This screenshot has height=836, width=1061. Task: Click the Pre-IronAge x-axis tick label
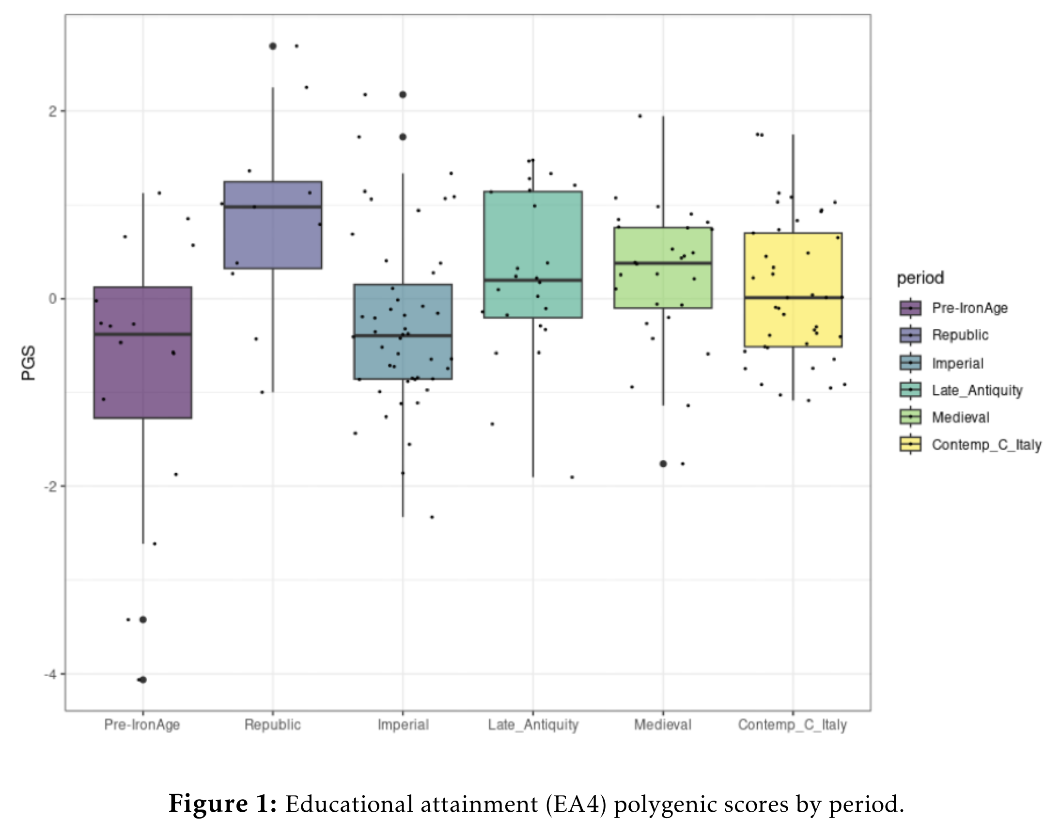pos(142,725)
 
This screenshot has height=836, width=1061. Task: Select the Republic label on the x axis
pos(273,725)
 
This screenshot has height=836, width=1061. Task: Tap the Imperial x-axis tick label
pos(403,725)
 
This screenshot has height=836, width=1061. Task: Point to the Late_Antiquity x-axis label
pos(533,725)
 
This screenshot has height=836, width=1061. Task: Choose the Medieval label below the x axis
pos(662,725)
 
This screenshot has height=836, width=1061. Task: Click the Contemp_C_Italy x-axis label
pos(792,725)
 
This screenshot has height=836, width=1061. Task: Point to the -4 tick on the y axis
pos(50,674)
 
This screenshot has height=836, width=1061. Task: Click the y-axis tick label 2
pos(52,111)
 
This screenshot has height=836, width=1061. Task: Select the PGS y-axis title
pos(29,363)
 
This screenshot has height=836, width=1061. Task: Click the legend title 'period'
pos(920,278)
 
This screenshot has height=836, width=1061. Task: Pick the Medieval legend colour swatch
pos(910,417)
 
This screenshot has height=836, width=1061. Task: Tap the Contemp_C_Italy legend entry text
pos(986,445)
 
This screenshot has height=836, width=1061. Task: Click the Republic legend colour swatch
pos(910,335)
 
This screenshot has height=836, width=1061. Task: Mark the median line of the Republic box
pos(273,207)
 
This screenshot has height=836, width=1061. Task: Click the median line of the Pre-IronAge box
pos(142,334)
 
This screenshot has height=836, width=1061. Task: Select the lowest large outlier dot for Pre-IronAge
pos(143,680)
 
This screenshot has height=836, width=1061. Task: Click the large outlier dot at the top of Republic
pos(273,46)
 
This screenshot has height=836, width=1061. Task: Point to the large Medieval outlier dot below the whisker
pos(663,464)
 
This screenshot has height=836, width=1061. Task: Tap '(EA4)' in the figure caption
pos(576,804)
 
